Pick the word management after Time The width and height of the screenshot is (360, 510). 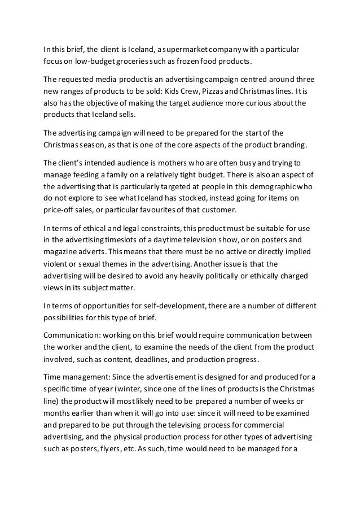(89, 378)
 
